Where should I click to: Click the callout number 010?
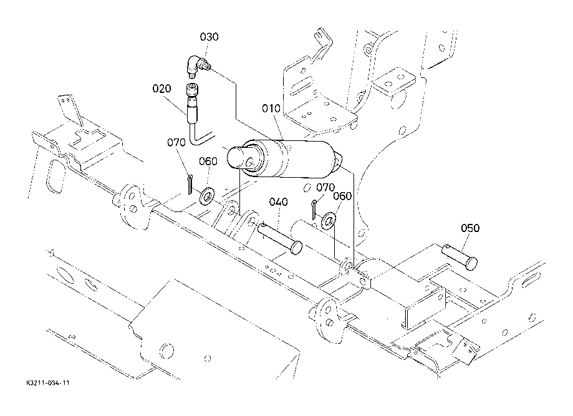(x=271, y=109)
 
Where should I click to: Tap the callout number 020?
(x=161, y=89)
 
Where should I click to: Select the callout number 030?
(x=209, y=37)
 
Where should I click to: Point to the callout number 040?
(x=279, y=202)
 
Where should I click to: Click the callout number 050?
(x=470, y=228)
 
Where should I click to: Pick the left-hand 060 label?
(x=208, y=162)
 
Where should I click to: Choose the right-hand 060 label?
(x=342, y=196)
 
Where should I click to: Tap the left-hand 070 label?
(x=176, y=142)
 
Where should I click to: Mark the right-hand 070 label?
(x=325, y=188)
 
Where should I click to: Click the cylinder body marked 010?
(x=285, y=158)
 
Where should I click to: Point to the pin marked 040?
(x=280, y=238)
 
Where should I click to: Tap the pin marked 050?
(x=460, y=256)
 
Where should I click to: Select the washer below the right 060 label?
(x=329, y=220)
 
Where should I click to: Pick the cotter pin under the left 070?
(x=190, y=185)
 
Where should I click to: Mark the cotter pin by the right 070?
(x=314, y=210)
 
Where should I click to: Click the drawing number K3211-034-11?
(x=48, y=383)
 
